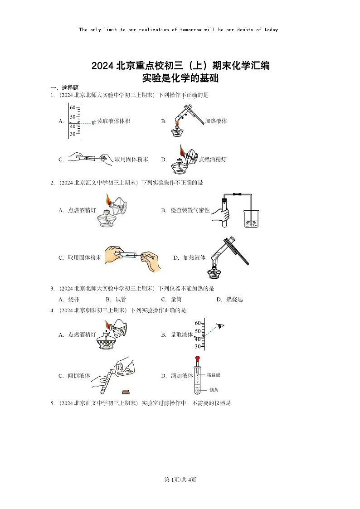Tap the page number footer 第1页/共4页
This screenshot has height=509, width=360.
click(180, 480)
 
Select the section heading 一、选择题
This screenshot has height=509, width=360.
click(64, 88)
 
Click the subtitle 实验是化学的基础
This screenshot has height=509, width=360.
click(180, 78)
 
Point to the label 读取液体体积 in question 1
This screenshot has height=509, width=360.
click(114, 121)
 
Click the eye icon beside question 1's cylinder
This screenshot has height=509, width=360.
click(94, 122)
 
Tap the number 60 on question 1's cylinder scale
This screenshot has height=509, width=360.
click(73, 108)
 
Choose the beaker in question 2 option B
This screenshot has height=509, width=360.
click(251, 218)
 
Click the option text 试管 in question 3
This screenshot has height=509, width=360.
click(121, 300)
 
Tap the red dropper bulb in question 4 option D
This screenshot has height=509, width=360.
click(197, 359)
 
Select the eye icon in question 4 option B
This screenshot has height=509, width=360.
click(221, 326)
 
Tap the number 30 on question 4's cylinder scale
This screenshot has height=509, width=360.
click(198, 346)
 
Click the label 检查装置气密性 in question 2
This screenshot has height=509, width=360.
click(190, 210)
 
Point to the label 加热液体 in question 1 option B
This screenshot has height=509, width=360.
click(216, 121)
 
